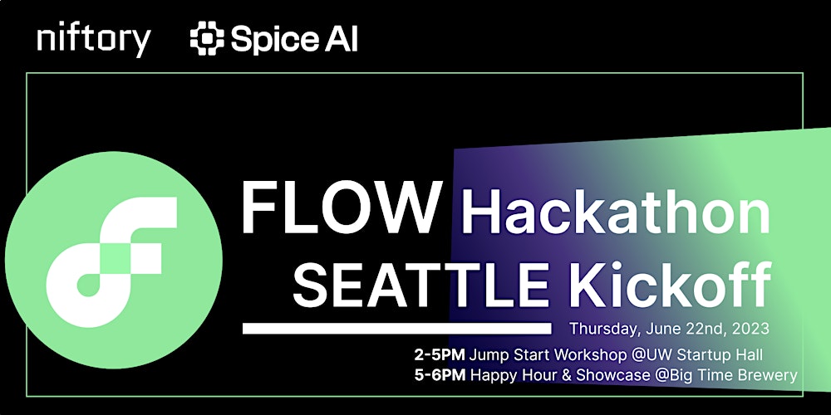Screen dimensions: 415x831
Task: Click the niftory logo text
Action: click(x=94, y=40)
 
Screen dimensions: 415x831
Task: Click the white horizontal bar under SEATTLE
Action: click(x=396, y=329)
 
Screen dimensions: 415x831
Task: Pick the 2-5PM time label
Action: click(x=440, y=354)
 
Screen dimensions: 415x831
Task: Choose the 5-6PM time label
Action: click(x=440, y=375)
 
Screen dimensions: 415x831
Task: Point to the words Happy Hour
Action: click(x=507, y=375)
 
